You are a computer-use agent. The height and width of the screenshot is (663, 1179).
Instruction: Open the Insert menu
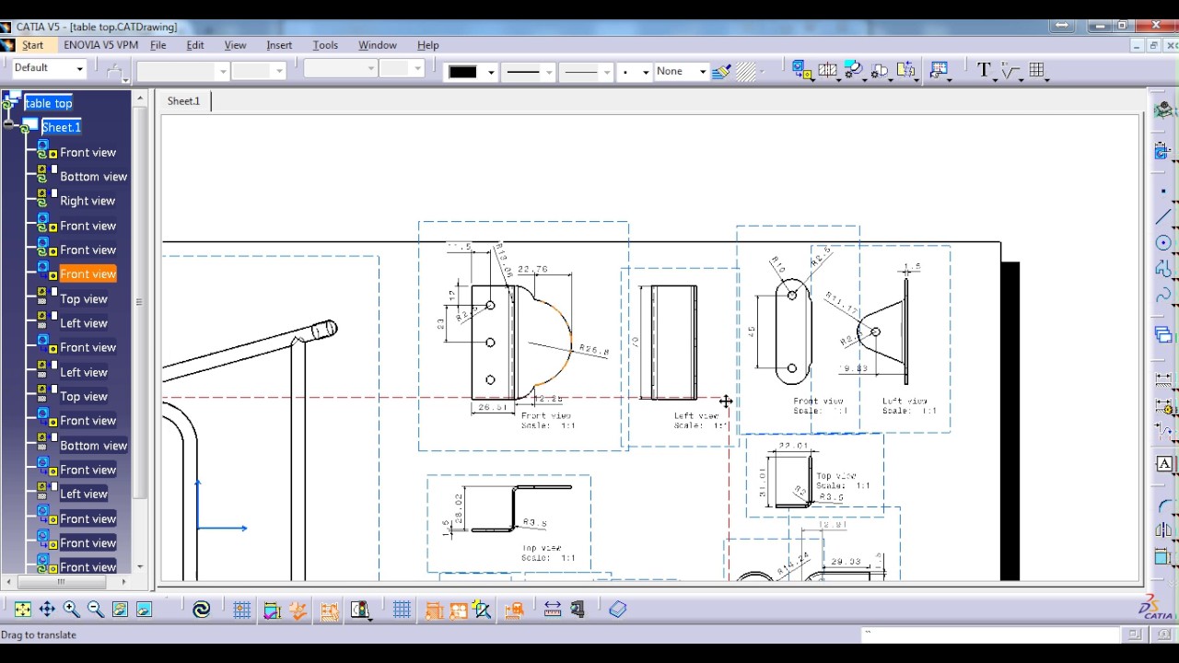(279, 45)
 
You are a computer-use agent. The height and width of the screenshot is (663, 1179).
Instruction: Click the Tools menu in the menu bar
(325, 45)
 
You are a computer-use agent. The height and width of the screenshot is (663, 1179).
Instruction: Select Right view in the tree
(88, 201)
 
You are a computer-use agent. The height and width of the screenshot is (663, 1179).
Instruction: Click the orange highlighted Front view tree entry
(88, 274)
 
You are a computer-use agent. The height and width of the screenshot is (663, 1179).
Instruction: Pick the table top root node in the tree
(48, 103)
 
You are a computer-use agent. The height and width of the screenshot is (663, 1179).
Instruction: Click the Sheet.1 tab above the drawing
(183, 101)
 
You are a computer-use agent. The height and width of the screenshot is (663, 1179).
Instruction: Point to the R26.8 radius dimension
(594, 351)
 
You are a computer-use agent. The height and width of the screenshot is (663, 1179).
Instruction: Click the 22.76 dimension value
(532, 270)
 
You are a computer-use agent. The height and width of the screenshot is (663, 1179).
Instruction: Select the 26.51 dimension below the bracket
(493, 407)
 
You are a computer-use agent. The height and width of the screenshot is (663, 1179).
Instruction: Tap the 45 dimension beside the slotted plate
(752, 331)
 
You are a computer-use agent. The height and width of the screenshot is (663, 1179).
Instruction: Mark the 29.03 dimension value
(845, 561)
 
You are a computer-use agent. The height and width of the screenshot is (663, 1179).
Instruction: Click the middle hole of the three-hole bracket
(490, 343)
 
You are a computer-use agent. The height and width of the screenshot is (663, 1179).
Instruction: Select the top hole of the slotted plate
(792, 295)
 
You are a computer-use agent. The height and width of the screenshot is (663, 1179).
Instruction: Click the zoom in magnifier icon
(71, 610)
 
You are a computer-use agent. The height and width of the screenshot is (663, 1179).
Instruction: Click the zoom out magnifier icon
(95, 610)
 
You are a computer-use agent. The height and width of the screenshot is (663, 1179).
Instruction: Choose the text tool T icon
(983, 71)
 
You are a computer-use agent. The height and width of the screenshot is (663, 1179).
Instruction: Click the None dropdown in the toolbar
(680, 71)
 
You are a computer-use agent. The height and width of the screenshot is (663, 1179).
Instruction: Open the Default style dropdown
(49, 68)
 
